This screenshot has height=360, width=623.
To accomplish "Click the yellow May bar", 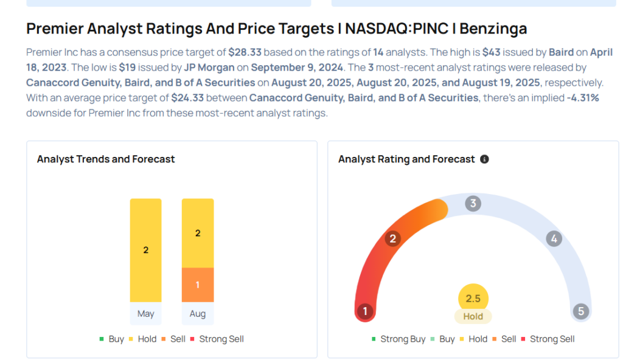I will pyautogui.click(x=145, y=250).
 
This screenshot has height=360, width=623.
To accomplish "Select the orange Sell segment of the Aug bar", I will pyautogui.click(x=198, y=285).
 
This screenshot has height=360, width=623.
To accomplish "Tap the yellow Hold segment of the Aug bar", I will pyautogui.click(x=198, y=233).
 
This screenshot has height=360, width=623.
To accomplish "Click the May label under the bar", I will pyautogui.click(x=145, y=314).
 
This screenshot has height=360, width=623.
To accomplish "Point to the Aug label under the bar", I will pyautogui.click(x=198, y=314).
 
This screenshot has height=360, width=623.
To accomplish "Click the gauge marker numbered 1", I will pyautogui.click(x=365, y=312).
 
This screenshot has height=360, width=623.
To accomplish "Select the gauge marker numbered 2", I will pyautogui.click(x=393, y=238).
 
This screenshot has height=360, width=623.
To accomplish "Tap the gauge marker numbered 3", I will pyautogui.click(x=473, y=204).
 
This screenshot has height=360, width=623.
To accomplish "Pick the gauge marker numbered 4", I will pyautogui.click(x=554, y=238).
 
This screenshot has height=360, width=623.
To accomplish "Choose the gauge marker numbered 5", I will pyautogui.click(x=581, y=312).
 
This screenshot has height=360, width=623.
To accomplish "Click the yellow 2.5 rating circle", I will pyautogui.click(x=473, y=299).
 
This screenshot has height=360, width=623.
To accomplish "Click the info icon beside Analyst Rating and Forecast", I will pyautogui.click(x=484, y=159).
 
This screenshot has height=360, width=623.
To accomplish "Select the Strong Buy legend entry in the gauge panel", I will pyautogui.click(x=399, y=339).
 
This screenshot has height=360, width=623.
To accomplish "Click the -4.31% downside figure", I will pyautogui.click(x=583, y=97).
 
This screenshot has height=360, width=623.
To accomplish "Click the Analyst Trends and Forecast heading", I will pyautogui.click(x=106, y=159).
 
